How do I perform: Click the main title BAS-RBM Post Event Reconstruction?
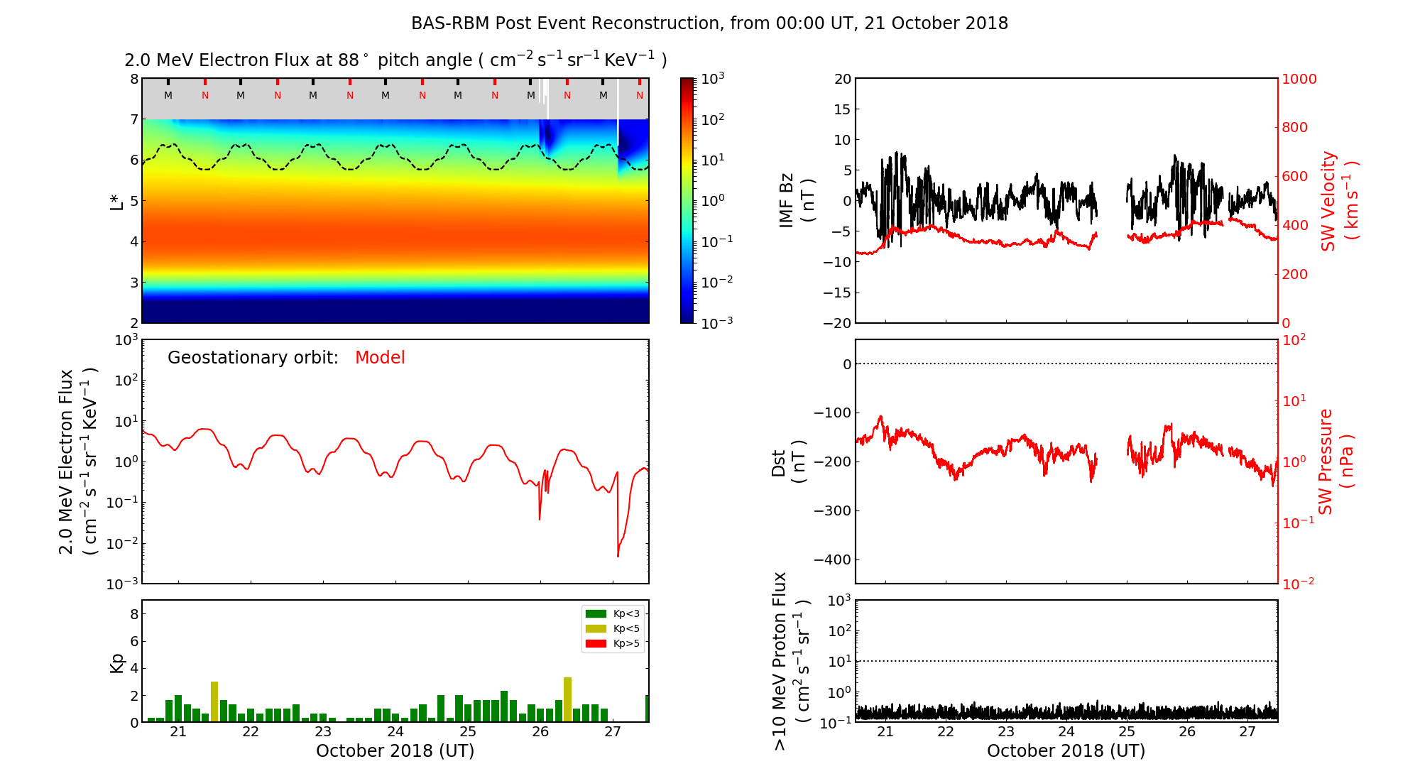coord(709,23)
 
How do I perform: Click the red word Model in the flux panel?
coord(380,358)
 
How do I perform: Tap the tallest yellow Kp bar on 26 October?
coord(567,699)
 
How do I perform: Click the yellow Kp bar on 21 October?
coord(214,701)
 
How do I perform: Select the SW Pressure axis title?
coord(1336,461)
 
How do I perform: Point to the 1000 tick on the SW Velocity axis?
coord(1299,79)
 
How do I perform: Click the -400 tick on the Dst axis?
coord(832,559)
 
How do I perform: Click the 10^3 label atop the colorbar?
coord(712,78)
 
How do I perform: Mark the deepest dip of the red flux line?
coord(618,556)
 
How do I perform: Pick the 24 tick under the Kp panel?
coord(395,732)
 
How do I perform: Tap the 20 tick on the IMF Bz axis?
coord(842,79)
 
